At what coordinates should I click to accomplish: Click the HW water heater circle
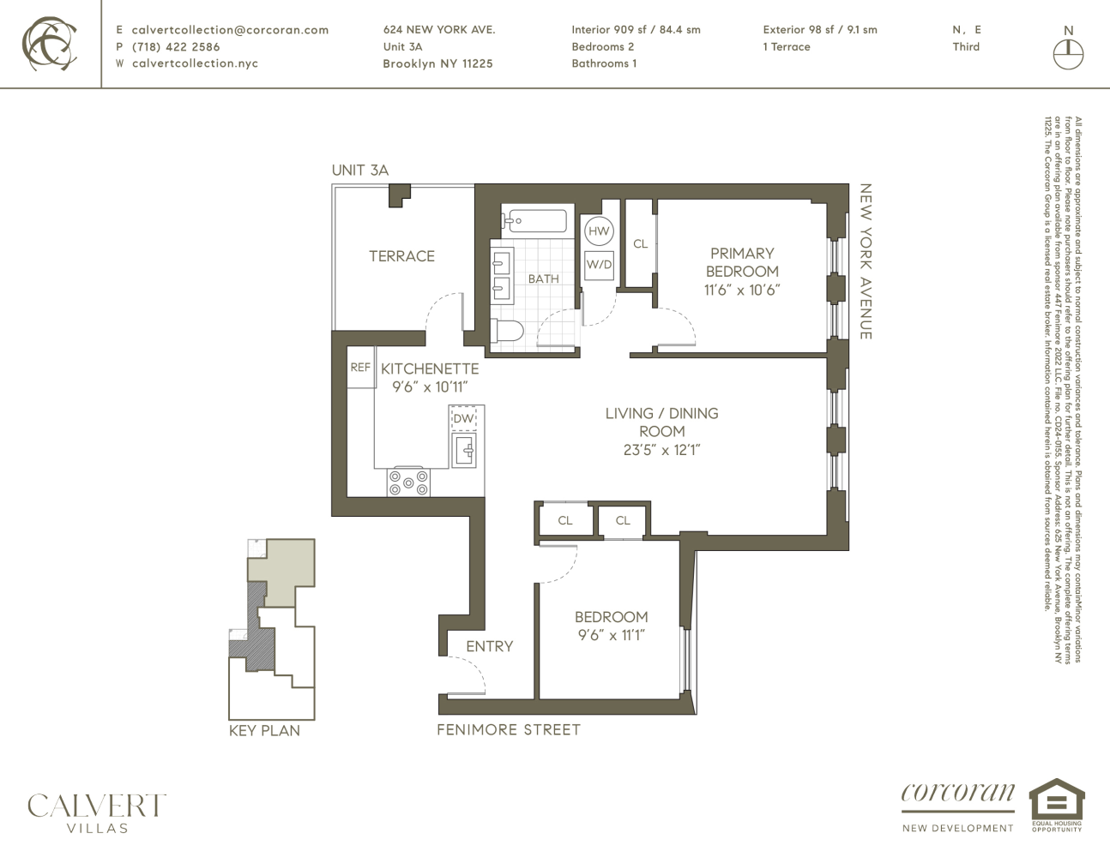[x=599, y=231]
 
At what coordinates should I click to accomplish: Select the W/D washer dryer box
[x=599, y=265]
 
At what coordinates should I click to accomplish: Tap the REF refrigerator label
[x=360, y=368]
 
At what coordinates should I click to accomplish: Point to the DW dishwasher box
[x=463, y=418]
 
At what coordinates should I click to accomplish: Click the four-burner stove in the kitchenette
[x=408, y=482]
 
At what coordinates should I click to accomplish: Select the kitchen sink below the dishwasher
[x=464, y=450]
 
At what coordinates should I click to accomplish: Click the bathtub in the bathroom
[x=534, y=220]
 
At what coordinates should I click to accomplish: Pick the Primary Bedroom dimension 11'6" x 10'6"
[x=742, y=290]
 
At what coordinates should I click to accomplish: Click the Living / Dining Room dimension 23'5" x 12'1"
[x=661, y=449]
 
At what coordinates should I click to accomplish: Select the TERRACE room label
[x=401, y=255]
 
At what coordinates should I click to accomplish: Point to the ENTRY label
[x=489, y=646]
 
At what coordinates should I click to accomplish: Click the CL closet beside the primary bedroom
[x=640, y=243]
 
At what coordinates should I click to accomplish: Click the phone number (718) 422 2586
[x=176, y=46]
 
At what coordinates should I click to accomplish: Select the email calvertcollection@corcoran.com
[x=230, y=29]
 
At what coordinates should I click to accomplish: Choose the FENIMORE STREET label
[x=509, y=729]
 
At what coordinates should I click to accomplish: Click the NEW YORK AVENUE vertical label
[x=866, y=261]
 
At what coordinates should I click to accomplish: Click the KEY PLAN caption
[x=264, y=731]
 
